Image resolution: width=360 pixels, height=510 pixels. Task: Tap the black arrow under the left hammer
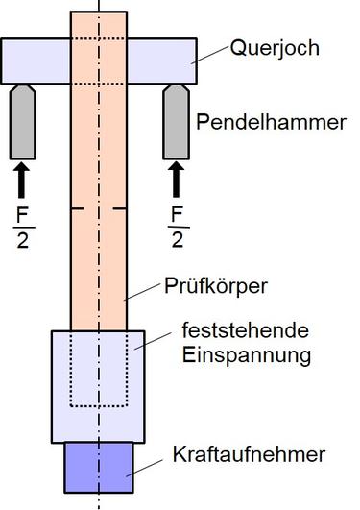[x=22, y=179]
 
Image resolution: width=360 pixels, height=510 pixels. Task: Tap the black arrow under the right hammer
[x=176, y=179]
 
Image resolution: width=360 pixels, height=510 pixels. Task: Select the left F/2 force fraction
[x=22, y=224]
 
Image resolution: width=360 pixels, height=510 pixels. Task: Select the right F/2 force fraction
[x=176, y=224]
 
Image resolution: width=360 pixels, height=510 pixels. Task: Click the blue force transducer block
[x=98, y=465]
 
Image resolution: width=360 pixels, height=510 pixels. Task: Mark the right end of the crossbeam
[x=191, y=61]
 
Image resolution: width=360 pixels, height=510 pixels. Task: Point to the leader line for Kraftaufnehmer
[x=149, y=464]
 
